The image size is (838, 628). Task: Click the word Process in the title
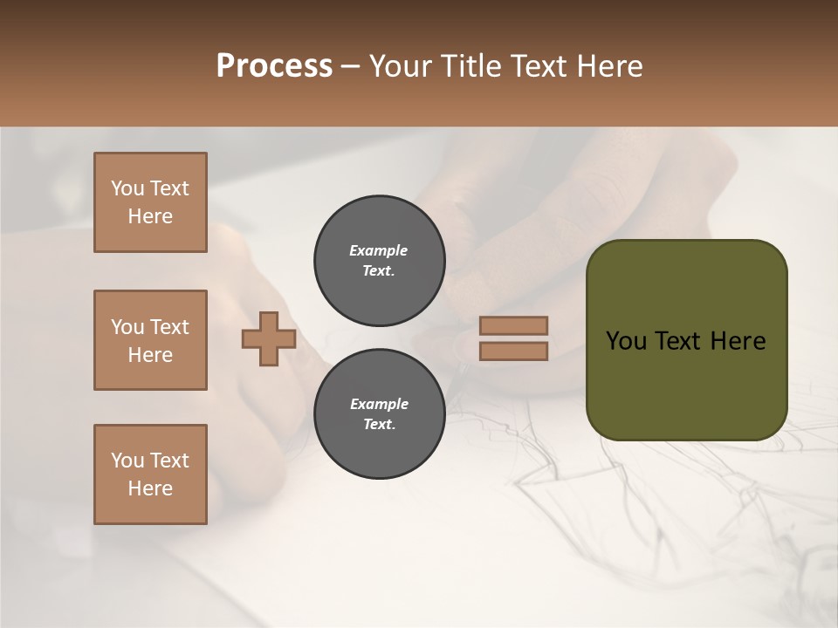click(274, 66)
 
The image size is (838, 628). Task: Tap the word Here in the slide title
click(609, 66)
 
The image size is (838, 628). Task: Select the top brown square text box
click(150, 202)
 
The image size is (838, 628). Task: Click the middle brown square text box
click(150, 340)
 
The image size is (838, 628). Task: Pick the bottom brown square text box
click(150, 474)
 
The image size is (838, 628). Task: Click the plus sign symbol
click(269, 339)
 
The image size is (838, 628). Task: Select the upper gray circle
click(379, 261)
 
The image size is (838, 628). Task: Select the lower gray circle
click(379, 414)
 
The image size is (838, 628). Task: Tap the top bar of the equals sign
click(513, 325)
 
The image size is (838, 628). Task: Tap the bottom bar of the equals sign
click(513, 351)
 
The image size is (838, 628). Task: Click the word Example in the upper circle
click(379, 250)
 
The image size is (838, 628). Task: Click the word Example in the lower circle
click(379, 404)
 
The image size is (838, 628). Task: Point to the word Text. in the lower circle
click(379, 425)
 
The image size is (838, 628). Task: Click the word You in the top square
click(127, 188)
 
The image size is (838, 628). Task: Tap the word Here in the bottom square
click(150, 488)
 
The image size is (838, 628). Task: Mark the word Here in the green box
click(738, 341)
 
